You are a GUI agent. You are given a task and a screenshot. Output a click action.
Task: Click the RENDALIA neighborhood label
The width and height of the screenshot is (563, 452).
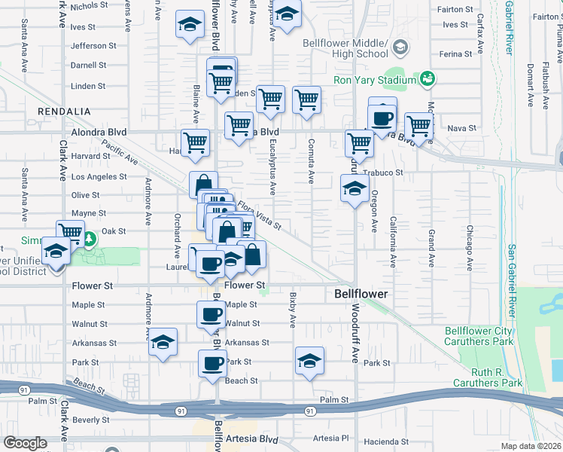[64, 111]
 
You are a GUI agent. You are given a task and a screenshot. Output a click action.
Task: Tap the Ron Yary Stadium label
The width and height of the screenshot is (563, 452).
[375, 80]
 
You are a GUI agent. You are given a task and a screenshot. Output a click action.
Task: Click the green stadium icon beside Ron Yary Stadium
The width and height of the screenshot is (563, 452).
[428, 78]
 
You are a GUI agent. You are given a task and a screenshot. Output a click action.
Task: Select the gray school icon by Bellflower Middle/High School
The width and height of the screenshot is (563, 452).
[400, 48]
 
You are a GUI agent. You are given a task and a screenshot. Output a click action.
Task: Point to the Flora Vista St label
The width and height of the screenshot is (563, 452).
[259, 215]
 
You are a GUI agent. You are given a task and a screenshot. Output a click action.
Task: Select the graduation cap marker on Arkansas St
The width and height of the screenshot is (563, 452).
[163, 342]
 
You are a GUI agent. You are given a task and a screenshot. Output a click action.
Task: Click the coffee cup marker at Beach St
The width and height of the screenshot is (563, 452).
[213, 364]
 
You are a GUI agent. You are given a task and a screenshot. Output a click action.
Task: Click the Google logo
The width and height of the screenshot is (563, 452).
[25, 443]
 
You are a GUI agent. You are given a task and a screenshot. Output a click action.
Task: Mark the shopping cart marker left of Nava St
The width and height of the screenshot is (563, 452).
[418, 126]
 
